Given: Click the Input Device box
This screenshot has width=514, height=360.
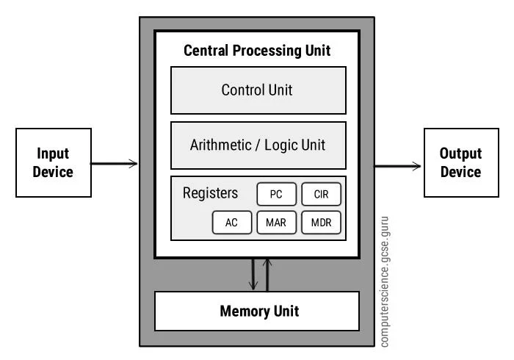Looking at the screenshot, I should (54, 162).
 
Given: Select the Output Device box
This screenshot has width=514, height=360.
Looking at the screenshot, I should (460, 162).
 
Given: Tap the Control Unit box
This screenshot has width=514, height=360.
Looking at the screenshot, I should (258, 90).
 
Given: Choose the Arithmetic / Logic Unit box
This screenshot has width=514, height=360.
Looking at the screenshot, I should (258, 145).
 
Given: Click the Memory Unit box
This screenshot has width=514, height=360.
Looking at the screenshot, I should (257, 311).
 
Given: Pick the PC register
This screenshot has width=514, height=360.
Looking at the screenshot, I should (276, 195).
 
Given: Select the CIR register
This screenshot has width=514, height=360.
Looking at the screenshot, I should (321, 195).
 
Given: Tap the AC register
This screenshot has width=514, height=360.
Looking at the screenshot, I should (231, 223).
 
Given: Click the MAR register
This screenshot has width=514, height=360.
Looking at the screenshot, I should (276, 223).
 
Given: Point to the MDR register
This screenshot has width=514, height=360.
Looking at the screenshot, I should (321, 223).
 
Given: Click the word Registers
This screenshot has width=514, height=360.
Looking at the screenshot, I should (210, 194).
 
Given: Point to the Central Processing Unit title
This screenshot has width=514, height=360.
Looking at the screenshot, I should (257, 51).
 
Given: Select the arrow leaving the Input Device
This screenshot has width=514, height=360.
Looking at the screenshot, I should (115, 163).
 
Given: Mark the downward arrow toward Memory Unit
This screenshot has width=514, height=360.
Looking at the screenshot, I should (253, 275).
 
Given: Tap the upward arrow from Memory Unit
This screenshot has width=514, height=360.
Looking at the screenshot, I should (268, 275).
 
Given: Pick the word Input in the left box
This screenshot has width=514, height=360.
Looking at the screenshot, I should (54, 154).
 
